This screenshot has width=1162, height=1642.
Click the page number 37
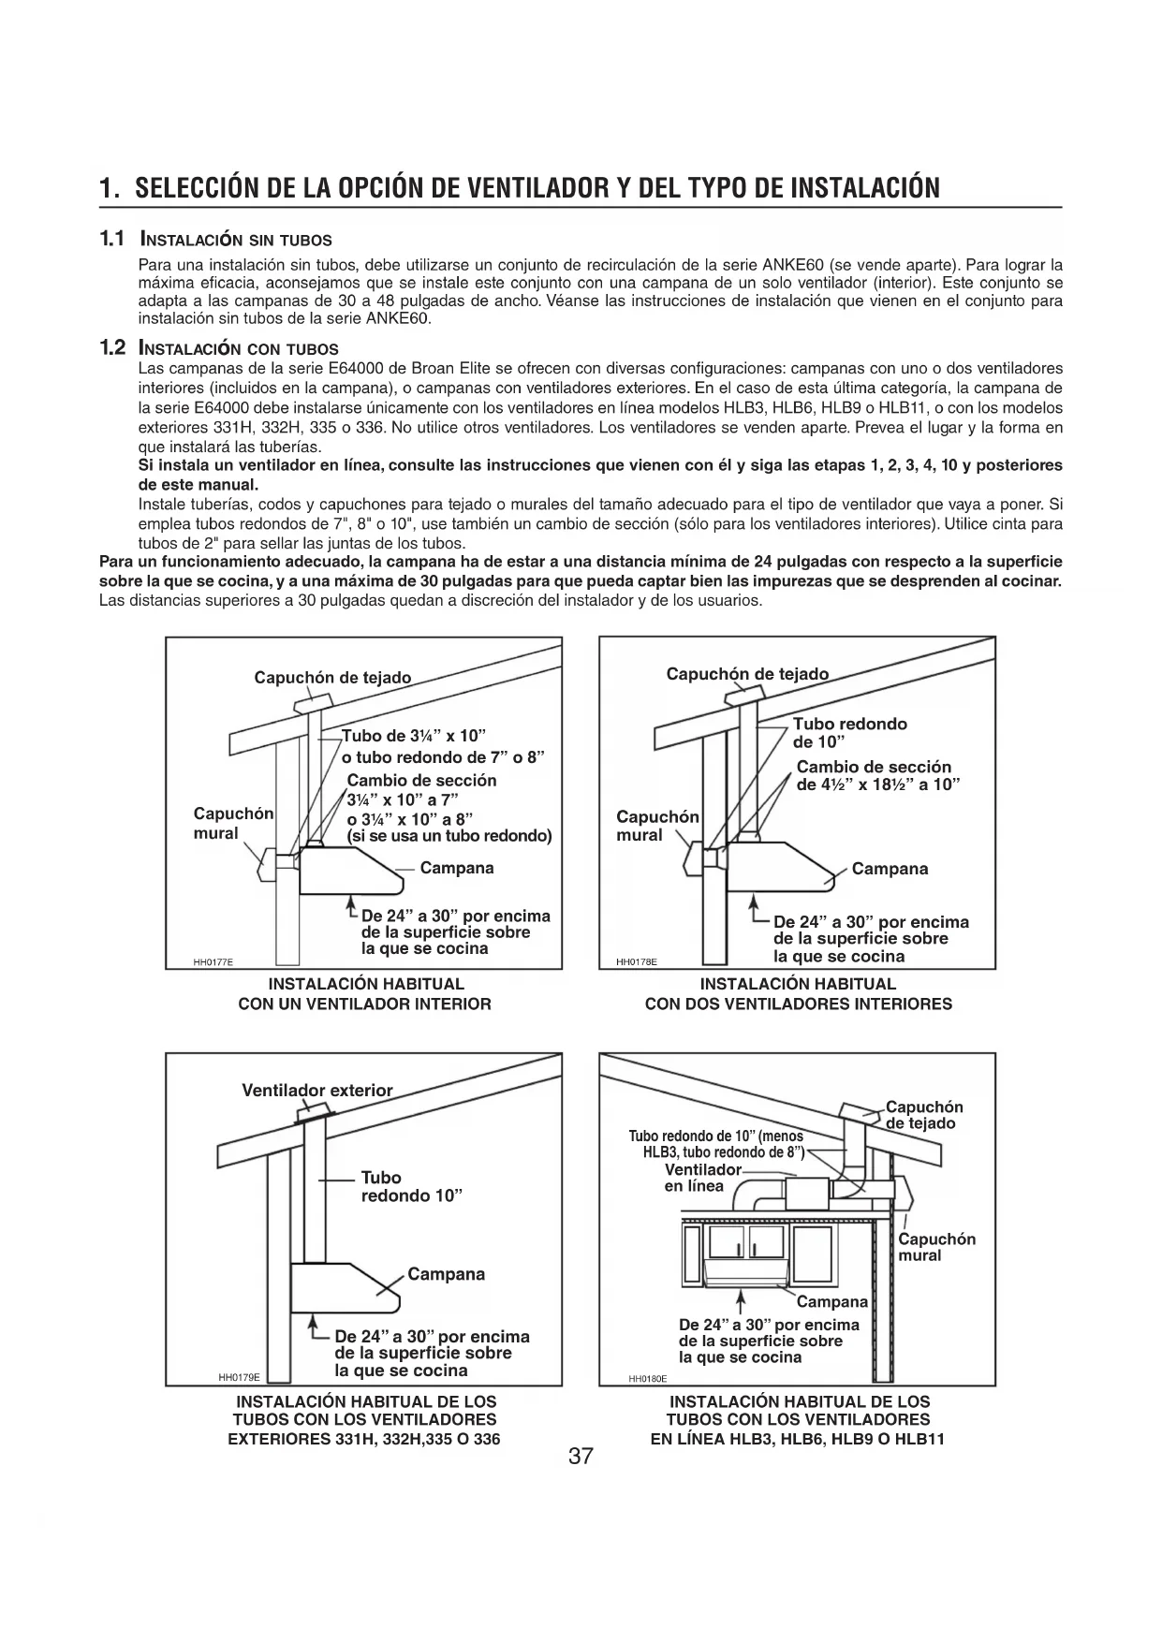click(x=581, y=1457)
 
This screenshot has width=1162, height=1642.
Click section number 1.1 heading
click(x=112, y=239)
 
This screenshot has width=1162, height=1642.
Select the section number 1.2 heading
click(x=112, y=348)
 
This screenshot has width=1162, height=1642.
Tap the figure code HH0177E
click(x=213, y=961)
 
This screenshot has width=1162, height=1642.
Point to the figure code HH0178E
click(x=637, y=961)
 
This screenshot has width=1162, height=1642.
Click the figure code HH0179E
click(x=239, y=1377)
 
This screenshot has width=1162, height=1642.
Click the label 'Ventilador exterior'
click(x=317, y=1090)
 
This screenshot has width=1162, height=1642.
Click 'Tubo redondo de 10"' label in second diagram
click(x=849, y=733)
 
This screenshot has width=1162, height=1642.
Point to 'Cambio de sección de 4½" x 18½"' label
click(x=877, y=775)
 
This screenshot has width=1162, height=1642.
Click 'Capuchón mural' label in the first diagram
click(x=233, y=823)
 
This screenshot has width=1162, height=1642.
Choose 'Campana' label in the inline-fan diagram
click(x=832, y=1301)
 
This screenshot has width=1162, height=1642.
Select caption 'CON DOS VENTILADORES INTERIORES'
click(x=798, y=1004)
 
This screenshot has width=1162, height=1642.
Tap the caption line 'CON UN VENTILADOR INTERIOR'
click(x=364, y=1004)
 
